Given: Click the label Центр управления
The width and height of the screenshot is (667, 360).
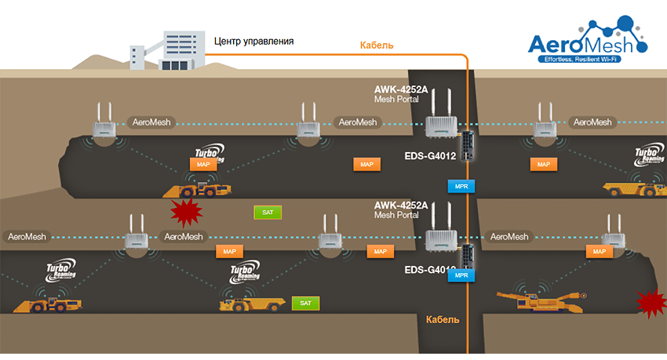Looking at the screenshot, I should click(253, 40).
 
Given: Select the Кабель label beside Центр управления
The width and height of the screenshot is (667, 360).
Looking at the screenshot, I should click(377, 45).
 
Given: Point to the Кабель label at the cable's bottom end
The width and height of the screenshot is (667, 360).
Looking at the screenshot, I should click(443, 319).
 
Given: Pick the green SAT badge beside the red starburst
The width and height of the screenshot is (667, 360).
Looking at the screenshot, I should click(268, 212).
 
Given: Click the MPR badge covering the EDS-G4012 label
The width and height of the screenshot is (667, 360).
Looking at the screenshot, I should click(461, 275).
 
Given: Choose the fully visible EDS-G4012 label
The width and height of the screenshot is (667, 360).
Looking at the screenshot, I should click(430, 155).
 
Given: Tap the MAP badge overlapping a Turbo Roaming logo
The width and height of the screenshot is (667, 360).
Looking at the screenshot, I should click(203, 164).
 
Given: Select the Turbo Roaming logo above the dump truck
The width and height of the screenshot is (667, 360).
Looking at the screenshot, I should click(246, 273).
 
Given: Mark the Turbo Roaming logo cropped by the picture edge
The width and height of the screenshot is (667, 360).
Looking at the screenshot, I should click(650, 155).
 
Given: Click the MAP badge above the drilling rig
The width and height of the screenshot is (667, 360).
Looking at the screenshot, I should click(600, 251).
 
